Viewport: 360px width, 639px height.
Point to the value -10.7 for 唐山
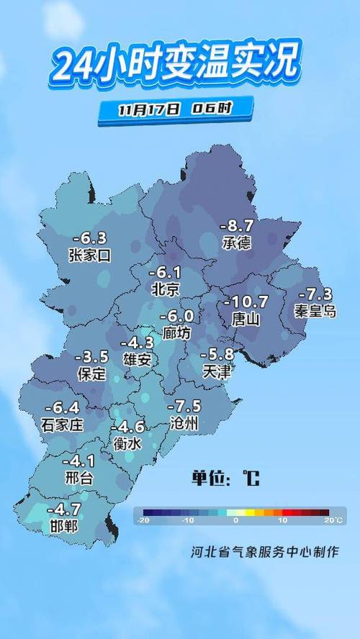click(247, 302)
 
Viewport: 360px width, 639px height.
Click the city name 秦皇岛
click(315, 311)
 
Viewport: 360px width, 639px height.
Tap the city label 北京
click(165, 289)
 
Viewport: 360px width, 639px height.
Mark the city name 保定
click(91, 374)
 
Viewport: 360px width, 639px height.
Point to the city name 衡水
click(127, 444)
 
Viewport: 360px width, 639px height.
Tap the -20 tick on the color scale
click(144, 520)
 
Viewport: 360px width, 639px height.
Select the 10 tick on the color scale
click(283, 520)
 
